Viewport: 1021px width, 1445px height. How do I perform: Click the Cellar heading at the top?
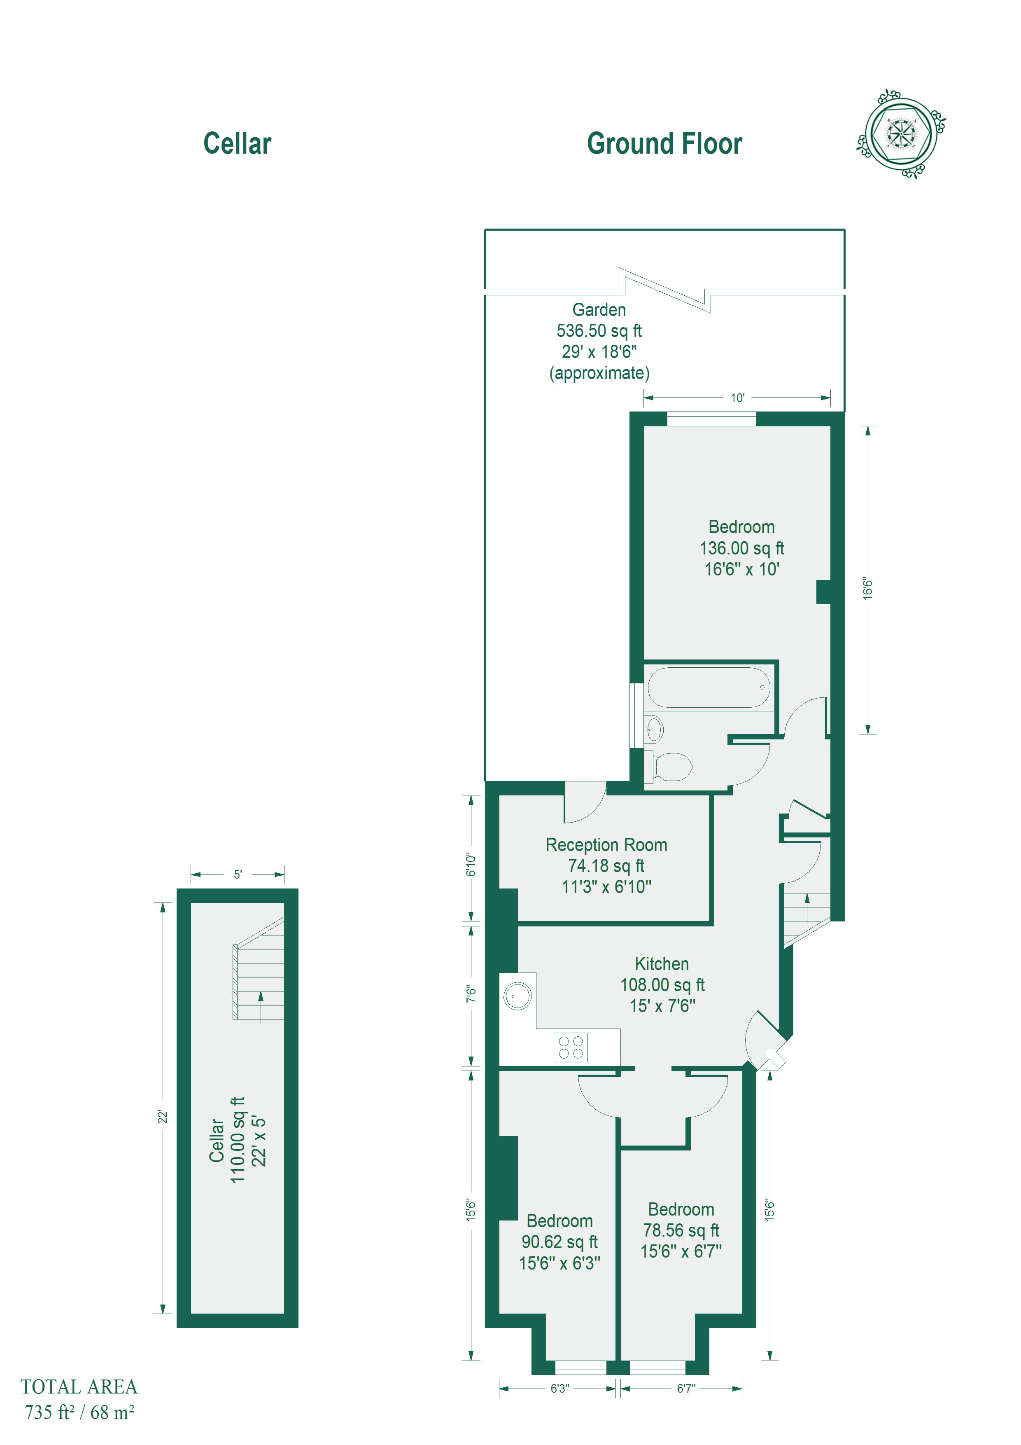click(237, 143)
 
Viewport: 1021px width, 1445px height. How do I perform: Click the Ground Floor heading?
click(664, 143)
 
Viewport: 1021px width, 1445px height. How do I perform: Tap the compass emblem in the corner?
click(901, 134)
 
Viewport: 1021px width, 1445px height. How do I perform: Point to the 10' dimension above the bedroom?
click(737, 398)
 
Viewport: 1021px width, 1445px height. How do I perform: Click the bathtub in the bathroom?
click(709, 687)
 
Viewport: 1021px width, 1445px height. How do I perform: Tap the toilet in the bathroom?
click(669, 767)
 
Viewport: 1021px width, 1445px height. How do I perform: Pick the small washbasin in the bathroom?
click(654, 730)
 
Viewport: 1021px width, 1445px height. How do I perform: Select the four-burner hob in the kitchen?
click(571, 1047)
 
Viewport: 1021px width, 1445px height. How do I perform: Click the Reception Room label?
click(606, 844)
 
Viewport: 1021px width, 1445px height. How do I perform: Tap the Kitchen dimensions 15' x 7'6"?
click(662, 1006)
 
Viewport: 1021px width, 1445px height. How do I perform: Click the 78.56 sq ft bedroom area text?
click(681, 1230)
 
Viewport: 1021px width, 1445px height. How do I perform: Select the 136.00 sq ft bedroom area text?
click(742, 548)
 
